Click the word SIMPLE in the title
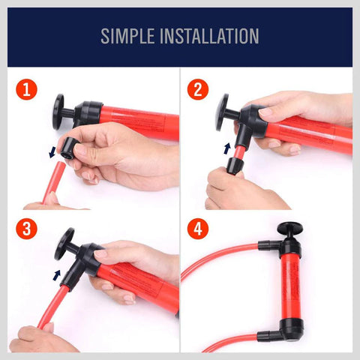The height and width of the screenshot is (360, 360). (128, 36)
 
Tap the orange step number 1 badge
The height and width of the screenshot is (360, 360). (28, 91)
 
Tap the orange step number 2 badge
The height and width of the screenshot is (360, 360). (199, 91)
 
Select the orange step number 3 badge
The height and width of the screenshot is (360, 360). (28, 229)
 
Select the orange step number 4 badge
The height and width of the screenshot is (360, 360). (199, 229)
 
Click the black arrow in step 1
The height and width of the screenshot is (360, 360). (52, 152)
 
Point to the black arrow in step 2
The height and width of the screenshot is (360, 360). (227, 148)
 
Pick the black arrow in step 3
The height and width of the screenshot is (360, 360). (58, 275)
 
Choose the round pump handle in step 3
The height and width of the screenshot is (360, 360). (64, 241)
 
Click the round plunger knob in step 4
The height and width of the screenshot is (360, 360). (287, 228)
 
